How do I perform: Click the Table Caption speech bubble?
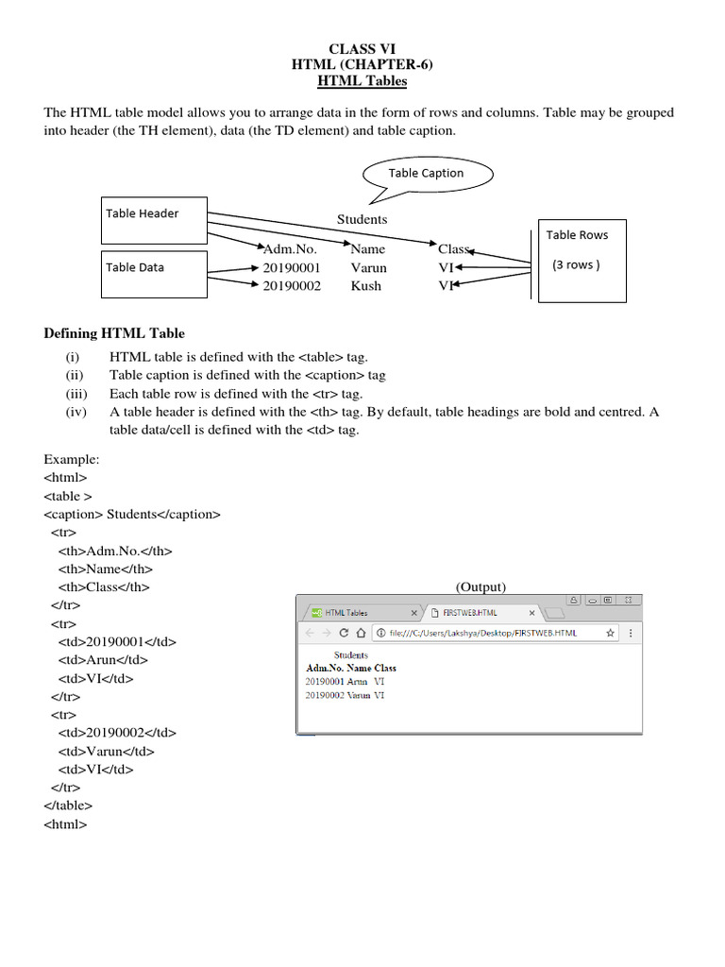[x=427, y=174]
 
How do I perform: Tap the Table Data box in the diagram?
[x=154, y=274]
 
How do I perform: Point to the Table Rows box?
[x=582, y=262]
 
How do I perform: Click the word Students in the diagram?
[x=362, y=219]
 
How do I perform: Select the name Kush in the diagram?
[x=366, y=285]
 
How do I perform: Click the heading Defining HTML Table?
[x=114, y=333]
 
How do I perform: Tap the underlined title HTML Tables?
[x=362, y=81]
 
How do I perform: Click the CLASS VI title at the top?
[x=362, y=49]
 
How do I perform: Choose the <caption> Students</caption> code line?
[x=132, y=515]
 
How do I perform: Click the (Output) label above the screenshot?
[x=481, y=586]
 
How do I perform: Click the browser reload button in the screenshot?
[x=344, y=633]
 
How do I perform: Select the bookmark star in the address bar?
[x=610, y=633]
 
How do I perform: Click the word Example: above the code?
[x=72, y=460]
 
